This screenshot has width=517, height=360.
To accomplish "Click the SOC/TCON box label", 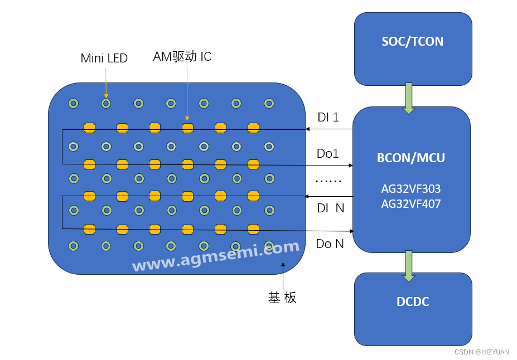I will [x=413, y=41].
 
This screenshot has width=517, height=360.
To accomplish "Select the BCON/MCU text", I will [x=411, y=158].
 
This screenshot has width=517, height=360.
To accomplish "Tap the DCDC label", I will [x=413, y=302].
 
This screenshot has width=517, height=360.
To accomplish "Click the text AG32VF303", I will [x=411, y=189].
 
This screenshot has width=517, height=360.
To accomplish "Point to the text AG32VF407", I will [x=411, y=204].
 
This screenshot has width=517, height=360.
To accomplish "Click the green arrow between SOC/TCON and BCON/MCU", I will [x=409, y=98].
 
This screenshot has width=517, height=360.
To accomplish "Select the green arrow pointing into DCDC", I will [x=409, y=265].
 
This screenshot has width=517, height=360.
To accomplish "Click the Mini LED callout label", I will [x=104, y=58].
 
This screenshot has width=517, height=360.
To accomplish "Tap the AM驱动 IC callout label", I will [x=182, y=56].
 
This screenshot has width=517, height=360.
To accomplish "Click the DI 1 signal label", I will [x=328, y=118].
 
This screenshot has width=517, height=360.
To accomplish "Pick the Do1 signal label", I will [x=328, y=154].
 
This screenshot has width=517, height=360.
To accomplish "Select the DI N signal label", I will [x=330, y=208].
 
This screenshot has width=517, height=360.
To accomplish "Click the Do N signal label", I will [x=330, y=244].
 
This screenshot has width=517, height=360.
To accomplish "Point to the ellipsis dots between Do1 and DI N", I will [x=328, y=181].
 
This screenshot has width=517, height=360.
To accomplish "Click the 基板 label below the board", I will [x=282, y=298].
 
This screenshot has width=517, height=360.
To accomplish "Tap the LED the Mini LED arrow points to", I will [x=106, y=103].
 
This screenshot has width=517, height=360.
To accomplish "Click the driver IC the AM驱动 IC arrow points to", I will [x=187, y=128].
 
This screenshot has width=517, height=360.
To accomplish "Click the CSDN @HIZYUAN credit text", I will [x=481, y=352].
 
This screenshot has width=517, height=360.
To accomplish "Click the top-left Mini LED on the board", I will [x=73, y=103].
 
